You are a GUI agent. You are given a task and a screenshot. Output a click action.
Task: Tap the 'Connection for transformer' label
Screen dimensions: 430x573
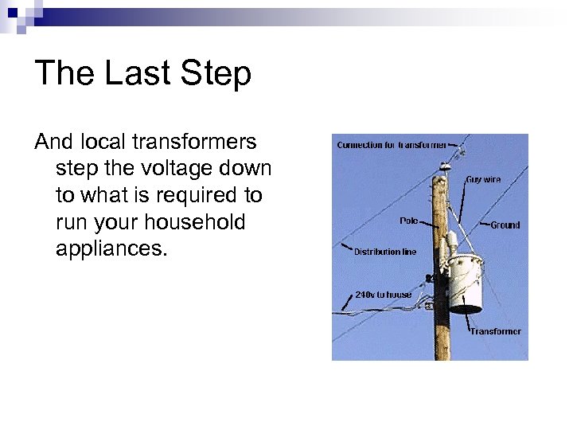[391, 145]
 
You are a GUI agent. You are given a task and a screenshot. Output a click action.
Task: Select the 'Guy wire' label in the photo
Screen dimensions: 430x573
[483, 180]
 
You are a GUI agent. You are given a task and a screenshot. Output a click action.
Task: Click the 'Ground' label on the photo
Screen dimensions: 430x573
[505, 225]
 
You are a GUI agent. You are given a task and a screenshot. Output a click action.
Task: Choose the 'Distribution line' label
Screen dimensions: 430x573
[384, 252]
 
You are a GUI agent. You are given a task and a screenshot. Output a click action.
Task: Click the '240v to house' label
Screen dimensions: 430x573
[383, 295]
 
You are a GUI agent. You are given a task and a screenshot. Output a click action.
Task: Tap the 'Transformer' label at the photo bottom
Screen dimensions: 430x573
[495, 331]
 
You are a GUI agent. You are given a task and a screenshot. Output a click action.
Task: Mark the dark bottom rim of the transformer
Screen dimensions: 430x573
[466, 308]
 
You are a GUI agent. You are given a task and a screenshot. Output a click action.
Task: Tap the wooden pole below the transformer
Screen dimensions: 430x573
[442, 338]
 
